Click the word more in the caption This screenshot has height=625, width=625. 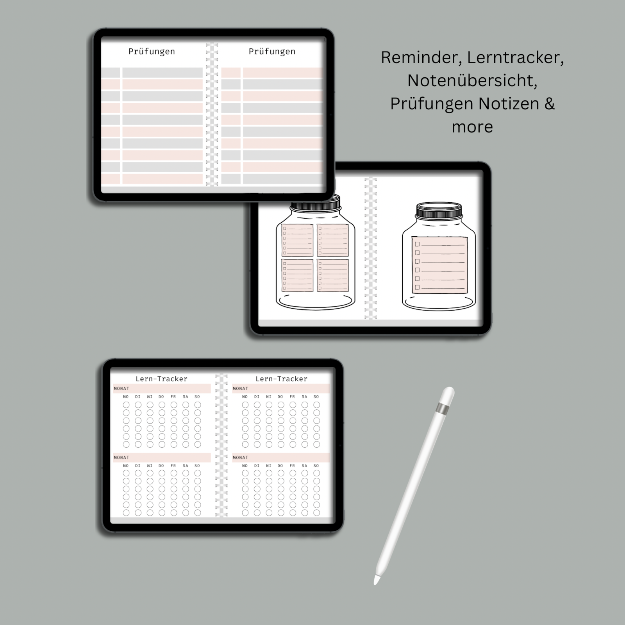click(x=472, y=127)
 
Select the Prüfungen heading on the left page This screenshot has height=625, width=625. click(x=152, y=52)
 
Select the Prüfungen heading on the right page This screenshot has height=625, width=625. click(x=272, y=52)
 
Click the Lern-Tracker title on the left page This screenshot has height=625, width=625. click(x=161, y=379)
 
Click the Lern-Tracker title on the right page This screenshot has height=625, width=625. click(x=281, y=379)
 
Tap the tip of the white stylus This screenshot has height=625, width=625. click(x=376, y=581)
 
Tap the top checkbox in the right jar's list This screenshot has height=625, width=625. click(x=417, y=244)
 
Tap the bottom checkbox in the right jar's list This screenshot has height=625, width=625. click(x=417, y=287)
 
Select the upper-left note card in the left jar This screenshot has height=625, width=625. click(x=297, y=240)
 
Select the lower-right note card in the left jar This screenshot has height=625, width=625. click(x=333, y=275)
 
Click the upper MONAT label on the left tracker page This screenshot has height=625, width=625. click(x=121, y=389)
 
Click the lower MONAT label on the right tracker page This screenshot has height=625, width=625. click(x=241, y=457)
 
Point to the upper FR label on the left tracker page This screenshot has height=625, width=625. click(x=173, y=397)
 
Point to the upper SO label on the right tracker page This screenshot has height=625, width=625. click(x=316, y=397)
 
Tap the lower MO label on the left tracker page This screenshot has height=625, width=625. click(x=126, y=466)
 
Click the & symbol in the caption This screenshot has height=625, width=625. click(x=549, y=104)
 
